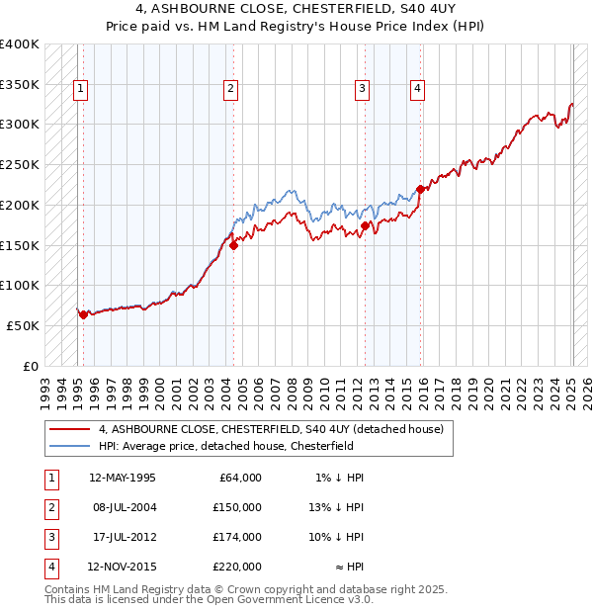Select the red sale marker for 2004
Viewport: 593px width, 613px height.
click(x=233, y=246)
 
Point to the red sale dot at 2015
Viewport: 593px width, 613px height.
click(x=420, y=189)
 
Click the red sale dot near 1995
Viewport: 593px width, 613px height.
click(x=83, y=315)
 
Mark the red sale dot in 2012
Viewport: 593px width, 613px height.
click(x=365, y=226)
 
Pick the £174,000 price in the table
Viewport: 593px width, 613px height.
click(x=237, y=537)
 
